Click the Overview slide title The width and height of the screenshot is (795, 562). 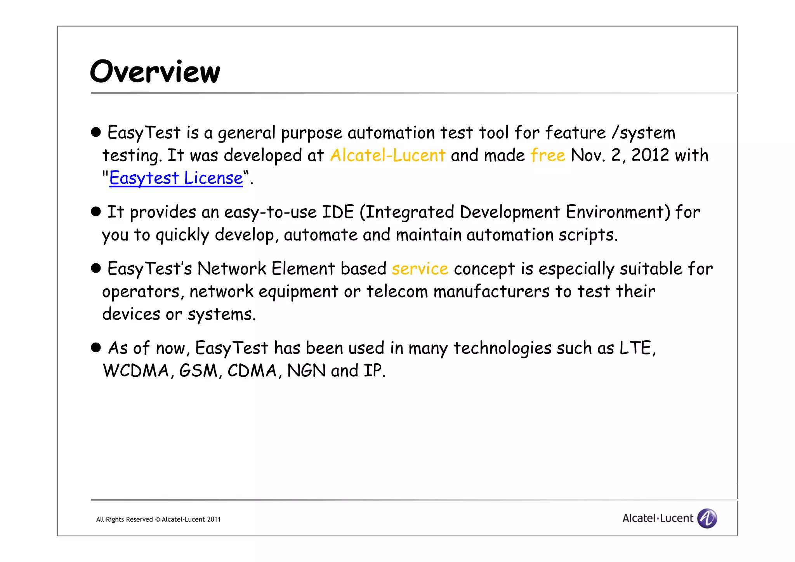pos(155,72)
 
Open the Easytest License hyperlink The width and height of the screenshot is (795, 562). pos(176,178)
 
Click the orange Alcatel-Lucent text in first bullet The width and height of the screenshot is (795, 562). pos(387,155)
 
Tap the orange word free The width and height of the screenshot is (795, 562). pos(548,155)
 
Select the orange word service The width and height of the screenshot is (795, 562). pos(420,269)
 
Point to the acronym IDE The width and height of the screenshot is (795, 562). pos(338,212)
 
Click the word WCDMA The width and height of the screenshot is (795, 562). pos(136,371)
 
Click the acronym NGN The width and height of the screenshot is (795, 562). pos(306,371)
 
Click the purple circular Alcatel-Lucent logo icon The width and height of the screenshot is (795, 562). pos(707,518)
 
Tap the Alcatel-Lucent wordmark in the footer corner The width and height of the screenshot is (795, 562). pos(658,518)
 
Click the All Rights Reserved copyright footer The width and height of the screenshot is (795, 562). pos(158,519)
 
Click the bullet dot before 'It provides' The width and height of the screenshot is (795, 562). pos(96,212)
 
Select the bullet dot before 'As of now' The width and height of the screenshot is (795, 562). pos(96,347)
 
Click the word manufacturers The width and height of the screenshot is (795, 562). pos(491,291)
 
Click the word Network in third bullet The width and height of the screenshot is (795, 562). pos(232,269)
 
